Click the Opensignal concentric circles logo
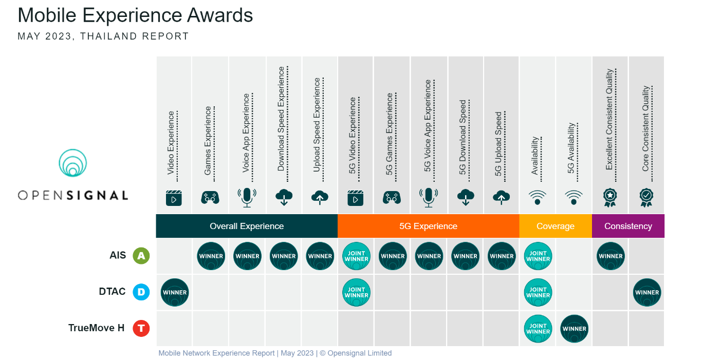[73, 163]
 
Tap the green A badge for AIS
[141, 256]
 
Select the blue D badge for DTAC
[141, 292]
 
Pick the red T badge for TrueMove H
[141, 329]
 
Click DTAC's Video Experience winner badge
[175, 292]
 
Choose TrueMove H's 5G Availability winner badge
[575, 329]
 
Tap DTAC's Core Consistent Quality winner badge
[648, 292]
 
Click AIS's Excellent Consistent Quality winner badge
[611, 256]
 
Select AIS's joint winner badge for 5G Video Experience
[356, 256]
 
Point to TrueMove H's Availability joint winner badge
[538, 329]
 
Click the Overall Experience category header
[247, 226]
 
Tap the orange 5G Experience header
[429, 226]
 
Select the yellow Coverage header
[556, 226]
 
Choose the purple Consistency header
[628, 226]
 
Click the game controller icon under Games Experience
[210, 198]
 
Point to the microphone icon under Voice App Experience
[247, 198]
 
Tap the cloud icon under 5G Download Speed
[466, 197]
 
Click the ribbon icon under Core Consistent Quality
[646, 198]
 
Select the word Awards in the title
[220, 15]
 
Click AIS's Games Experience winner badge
[211, 256]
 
